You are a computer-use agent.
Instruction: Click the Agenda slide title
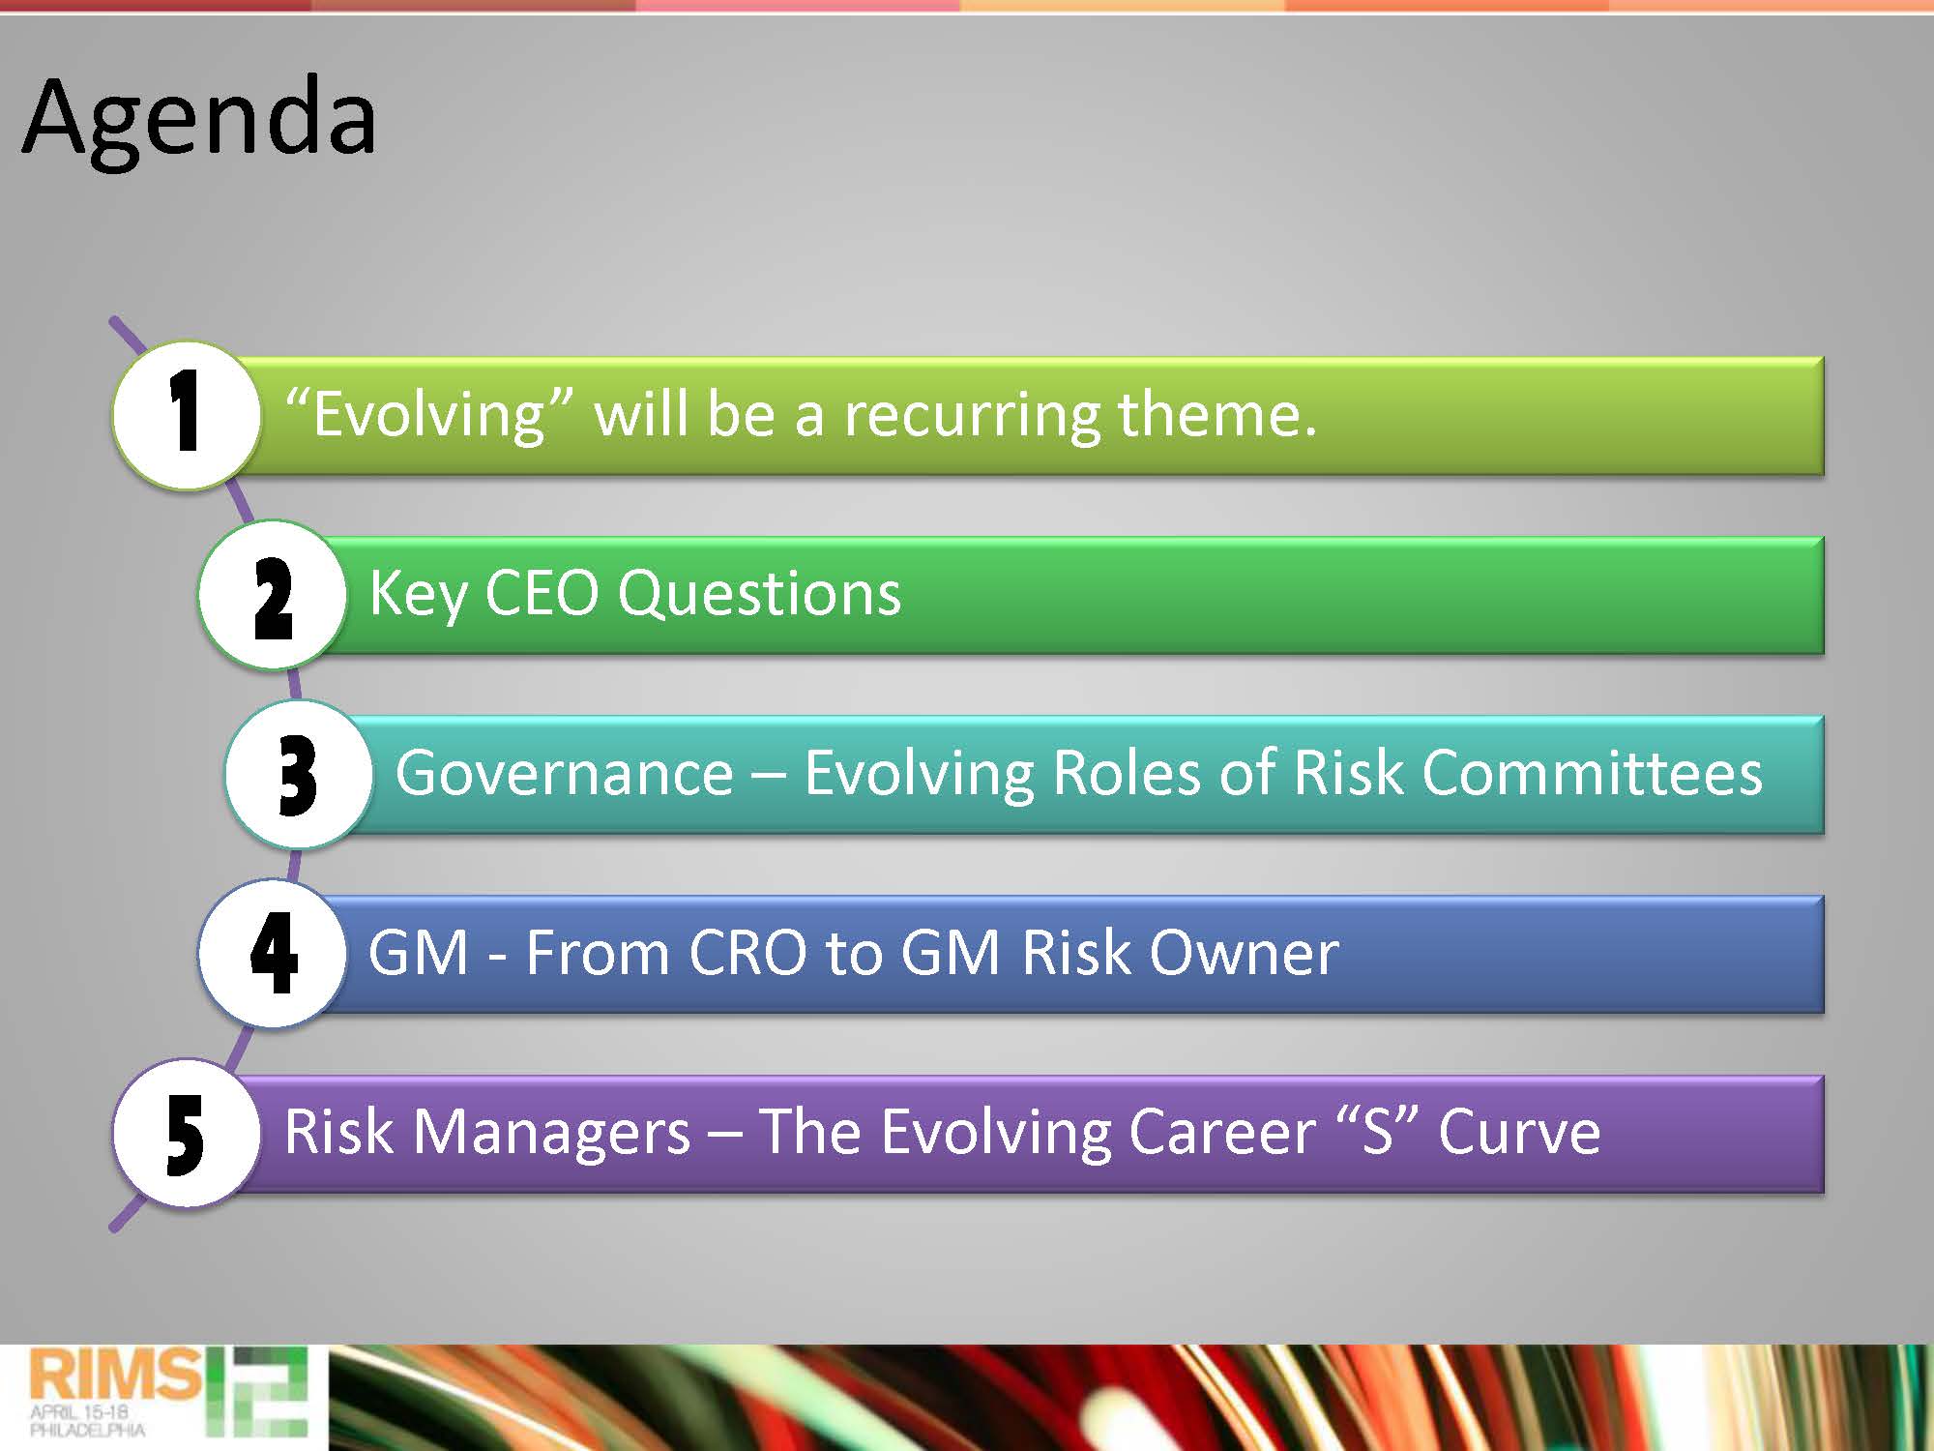tap(199, 121)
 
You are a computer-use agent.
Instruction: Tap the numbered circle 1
tap(187, 415)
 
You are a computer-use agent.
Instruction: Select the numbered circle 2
tap(272, 594)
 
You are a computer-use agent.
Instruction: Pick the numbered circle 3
tap(299, 774)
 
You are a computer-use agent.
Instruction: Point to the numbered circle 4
tap(272, 953)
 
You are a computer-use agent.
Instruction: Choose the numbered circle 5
tap(187, 1133)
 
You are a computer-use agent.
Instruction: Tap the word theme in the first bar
tap(1216, 413)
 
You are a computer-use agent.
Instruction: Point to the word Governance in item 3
tap(564, 773)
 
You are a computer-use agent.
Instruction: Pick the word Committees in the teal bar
tap(1592, 773)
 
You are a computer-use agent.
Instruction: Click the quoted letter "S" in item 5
tap(1377, 1131)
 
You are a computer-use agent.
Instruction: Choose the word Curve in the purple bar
tap(1518, 1133)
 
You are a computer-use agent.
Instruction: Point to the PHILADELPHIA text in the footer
tap(87, 1430)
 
